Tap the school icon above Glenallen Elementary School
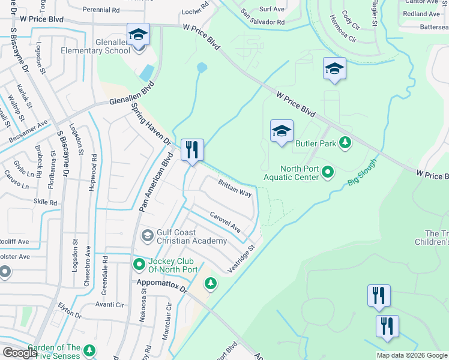pos(138,34)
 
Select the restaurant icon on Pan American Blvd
pos(192,149)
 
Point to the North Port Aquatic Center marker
pos(328,173)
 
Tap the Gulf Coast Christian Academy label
pos(192,236)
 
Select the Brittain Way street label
pos(235,188)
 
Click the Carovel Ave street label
pos(225,223)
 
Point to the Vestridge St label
pos(241,259)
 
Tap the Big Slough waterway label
pos(362,172)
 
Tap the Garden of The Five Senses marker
pos(89,350)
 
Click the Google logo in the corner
pos(19,352)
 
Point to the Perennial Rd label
pos(101,10)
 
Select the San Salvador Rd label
pos(264,18)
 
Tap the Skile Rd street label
pos(46,203)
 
